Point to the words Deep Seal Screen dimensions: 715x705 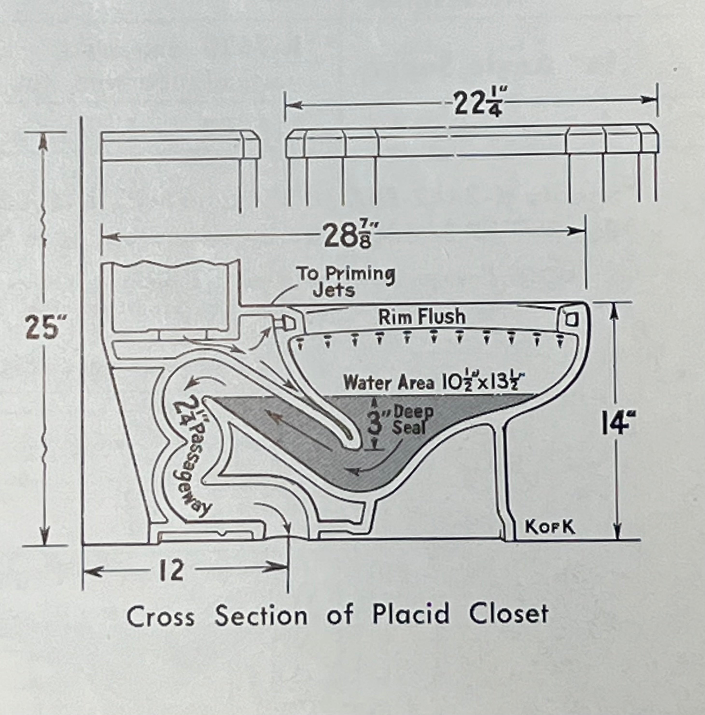(412, 420)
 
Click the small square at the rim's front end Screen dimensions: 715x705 (571, 319)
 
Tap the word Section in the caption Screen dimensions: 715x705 (261, 615)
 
